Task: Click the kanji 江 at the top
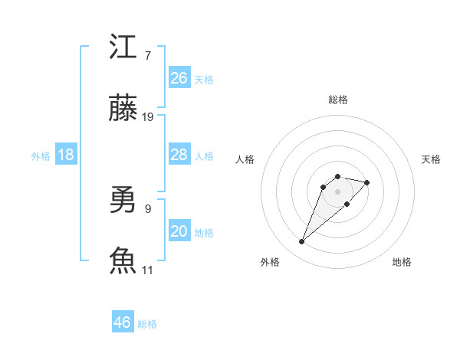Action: click(124, 47)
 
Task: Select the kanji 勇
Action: click(124, 201)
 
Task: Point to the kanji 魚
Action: click(124, 260)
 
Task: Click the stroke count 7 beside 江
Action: click(147, 56)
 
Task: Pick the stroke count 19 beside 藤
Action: click(148, 117)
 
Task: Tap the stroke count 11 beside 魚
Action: click(148, 270)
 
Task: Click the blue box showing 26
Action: click(179, 77)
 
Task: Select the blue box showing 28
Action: click(179, 155)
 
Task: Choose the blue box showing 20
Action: click(179, 231)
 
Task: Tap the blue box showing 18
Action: click(66, 155)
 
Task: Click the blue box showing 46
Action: click(123, 322)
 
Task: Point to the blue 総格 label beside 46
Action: click(147, 324)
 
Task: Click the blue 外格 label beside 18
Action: click(41, 156)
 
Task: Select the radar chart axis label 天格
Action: click(431, 159)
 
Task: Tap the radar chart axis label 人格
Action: click(245, 159)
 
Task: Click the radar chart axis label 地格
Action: click(402, 262)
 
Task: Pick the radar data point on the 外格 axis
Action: click(301, 242)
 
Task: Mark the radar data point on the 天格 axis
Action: click(367, 182)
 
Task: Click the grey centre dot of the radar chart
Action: click(338, 191)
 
